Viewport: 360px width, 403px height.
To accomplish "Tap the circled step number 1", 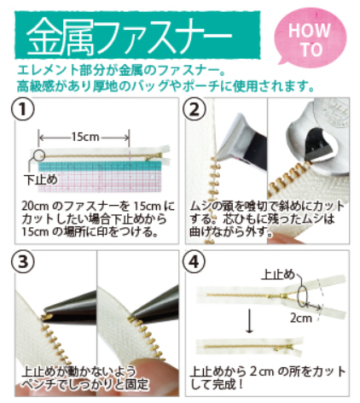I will [23, 110].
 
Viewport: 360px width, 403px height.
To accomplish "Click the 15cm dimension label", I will [84, 136].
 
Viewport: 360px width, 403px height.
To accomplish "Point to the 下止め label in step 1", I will [38, 179].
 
